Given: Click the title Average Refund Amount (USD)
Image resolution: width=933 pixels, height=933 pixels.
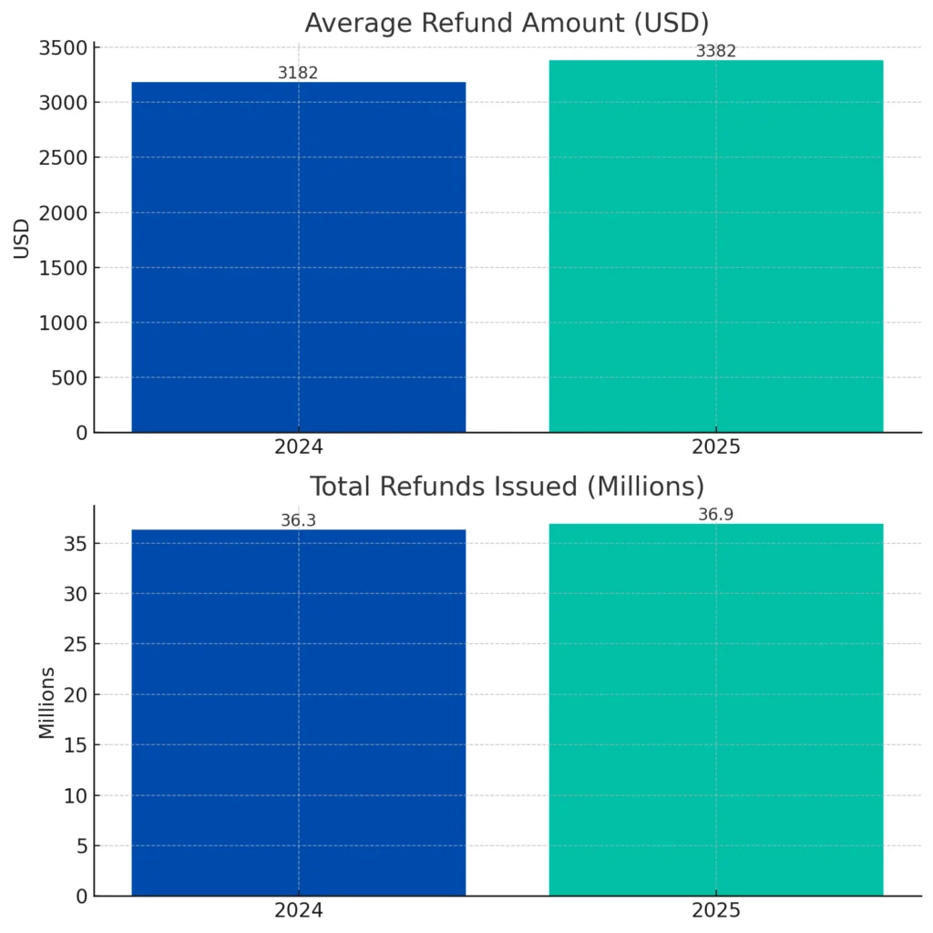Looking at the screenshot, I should coord(507,22).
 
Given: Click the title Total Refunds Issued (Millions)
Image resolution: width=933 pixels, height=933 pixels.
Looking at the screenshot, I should coord(507,486).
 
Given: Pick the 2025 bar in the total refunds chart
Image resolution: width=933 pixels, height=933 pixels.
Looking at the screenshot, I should coord(715,710).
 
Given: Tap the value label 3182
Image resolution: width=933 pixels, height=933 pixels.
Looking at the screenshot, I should coord(298,73).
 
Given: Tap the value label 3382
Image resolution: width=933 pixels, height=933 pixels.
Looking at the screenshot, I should coord(715,51).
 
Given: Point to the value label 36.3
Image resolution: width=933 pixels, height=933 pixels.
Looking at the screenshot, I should coord(298,520).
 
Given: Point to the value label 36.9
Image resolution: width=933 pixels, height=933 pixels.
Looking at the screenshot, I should coord(715,515).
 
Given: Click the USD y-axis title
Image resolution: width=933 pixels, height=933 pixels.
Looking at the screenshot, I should coord(22,239).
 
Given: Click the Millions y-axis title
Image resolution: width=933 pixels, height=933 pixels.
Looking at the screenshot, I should coord(46,702).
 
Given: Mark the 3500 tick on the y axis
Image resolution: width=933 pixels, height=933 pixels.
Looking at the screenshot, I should coord(63,48).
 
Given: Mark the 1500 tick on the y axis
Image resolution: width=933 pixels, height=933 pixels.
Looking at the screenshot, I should coord(63,268).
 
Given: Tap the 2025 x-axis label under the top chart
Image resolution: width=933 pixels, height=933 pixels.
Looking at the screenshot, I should coord(715,447).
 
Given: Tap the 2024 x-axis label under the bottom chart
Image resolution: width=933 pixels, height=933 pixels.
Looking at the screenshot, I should coord(298,911).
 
